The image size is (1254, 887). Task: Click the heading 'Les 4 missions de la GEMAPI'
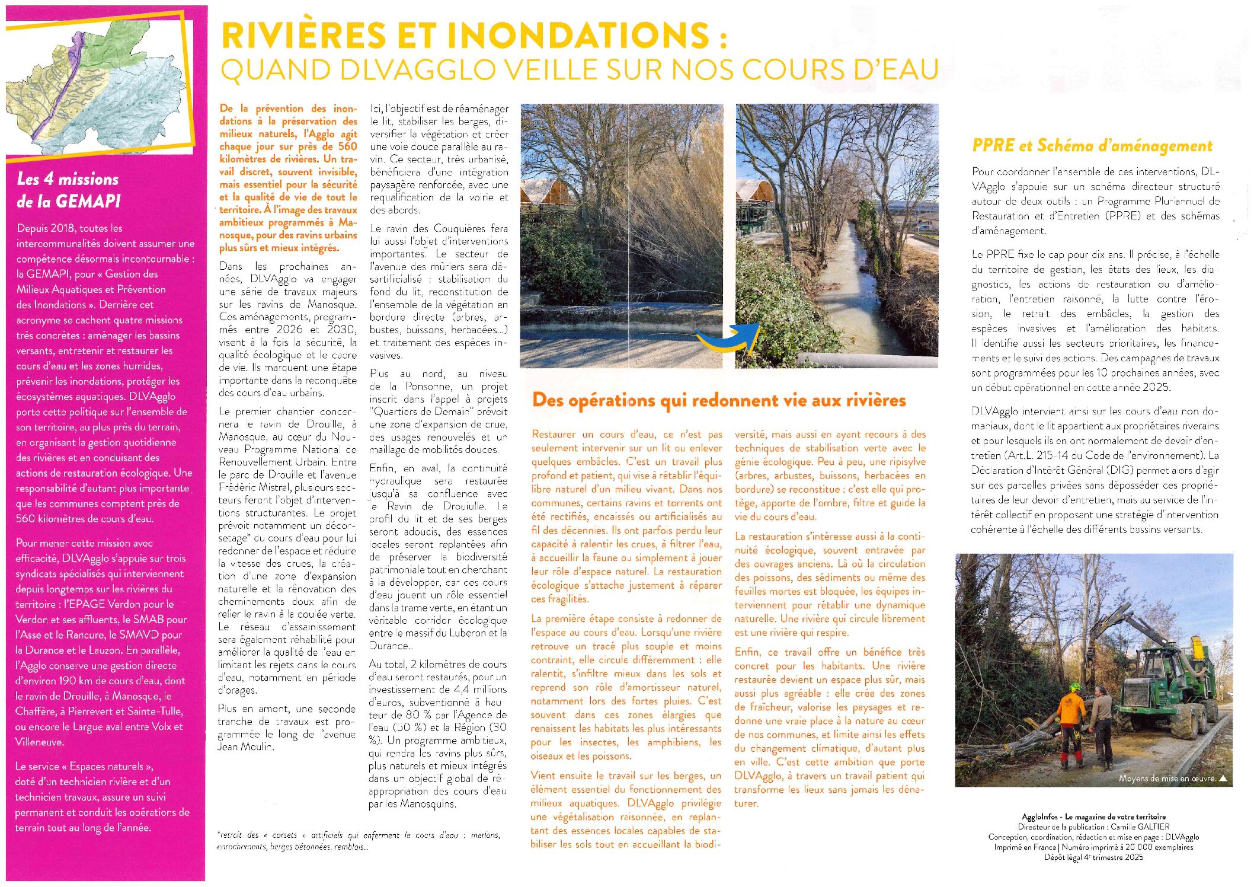(x=68, y=190)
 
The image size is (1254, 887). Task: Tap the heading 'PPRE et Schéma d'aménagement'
(x=1092, y=146)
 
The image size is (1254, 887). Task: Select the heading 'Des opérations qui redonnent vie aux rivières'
(x=719, y=400)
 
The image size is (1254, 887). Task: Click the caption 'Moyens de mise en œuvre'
(x=1166, y=778)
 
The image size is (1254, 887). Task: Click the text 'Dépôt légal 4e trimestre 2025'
(x=1093, y=857)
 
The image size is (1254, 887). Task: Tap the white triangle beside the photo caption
(x=1222, y=778)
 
